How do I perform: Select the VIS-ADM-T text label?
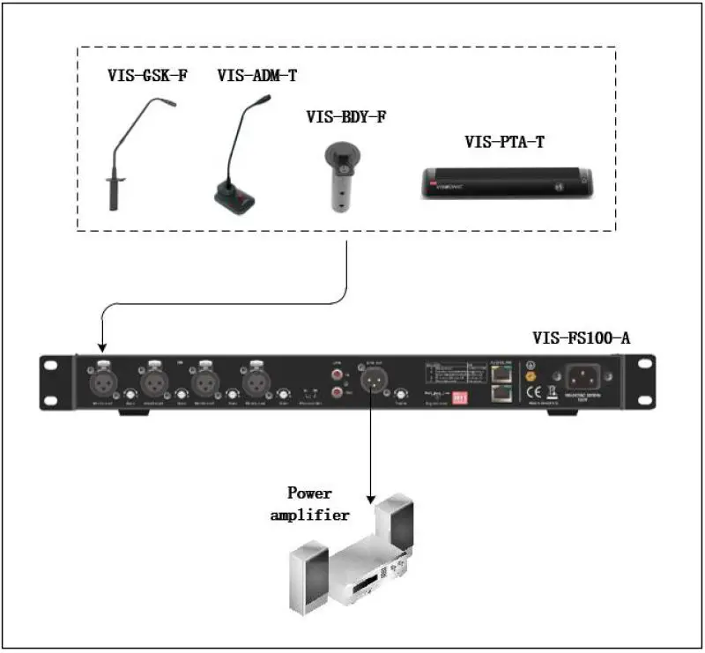(x=257, y=77)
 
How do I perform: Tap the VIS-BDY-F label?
(x=346, y=116)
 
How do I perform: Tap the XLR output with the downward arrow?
(x=369, y=380)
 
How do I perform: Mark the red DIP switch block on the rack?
(x=457, y=397)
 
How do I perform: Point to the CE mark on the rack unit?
(x=529, y=393)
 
